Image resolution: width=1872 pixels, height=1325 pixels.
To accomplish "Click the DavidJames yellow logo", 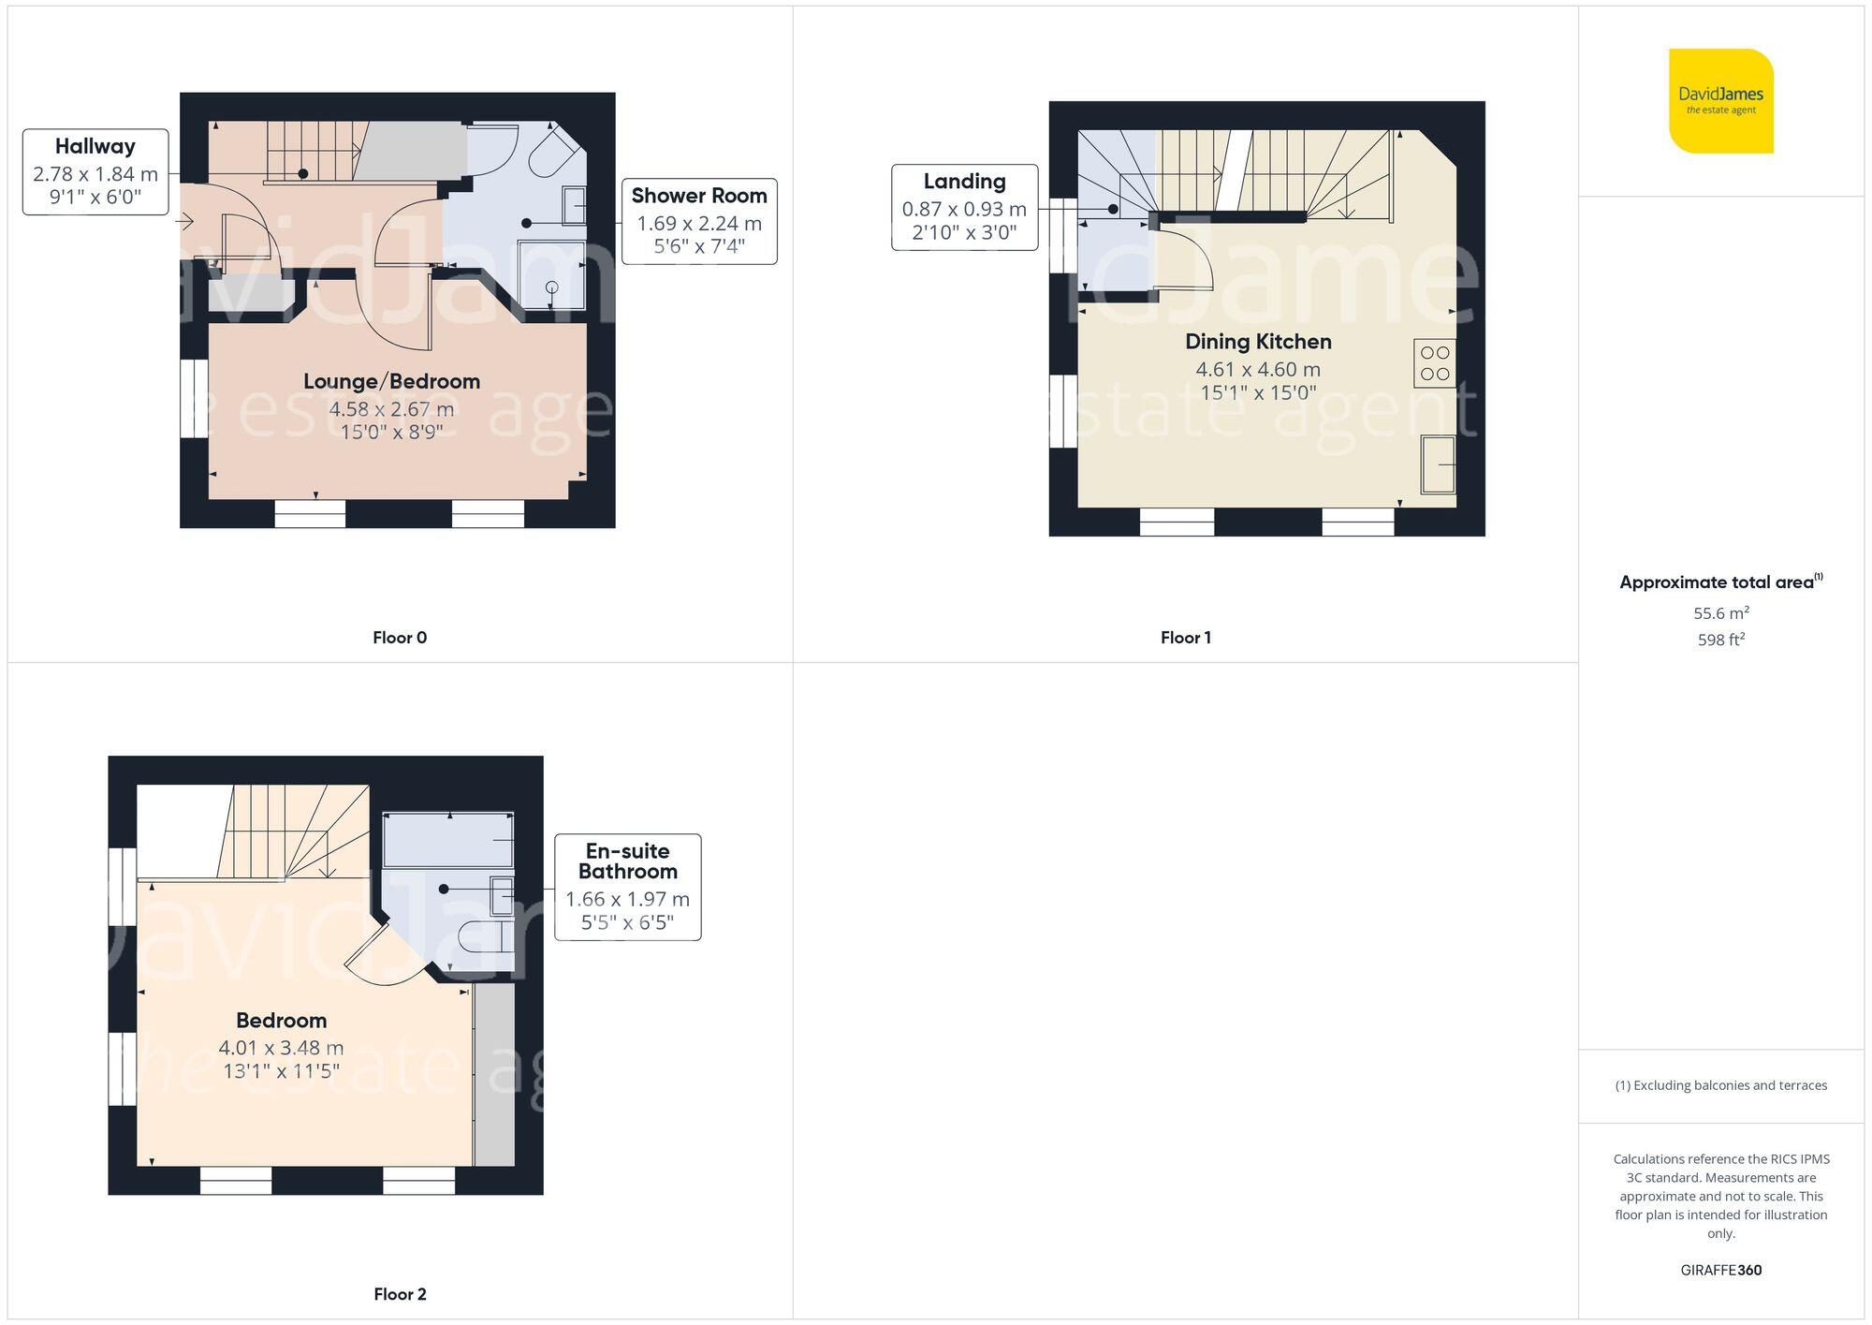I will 1720,101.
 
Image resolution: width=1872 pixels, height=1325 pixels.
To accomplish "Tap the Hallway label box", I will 95,172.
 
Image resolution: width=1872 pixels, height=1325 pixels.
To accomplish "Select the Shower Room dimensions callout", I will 699,222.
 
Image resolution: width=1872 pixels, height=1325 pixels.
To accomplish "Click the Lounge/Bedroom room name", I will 391,382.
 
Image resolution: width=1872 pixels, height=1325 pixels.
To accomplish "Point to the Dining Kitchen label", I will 1258,342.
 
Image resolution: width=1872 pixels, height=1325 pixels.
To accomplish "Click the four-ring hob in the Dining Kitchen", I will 1434,363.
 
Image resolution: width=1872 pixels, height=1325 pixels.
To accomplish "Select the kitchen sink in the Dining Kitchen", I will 1438,464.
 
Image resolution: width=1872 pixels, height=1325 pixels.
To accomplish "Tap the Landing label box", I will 964,208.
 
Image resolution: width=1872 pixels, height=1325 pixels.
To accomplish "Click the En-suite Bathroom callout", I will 627,887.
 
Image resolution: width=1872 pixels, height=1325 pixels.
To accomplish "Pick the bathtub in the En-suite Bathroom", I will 448,840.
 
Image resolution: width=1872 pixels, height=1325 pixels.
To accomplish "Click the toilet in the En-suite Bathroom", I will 486,935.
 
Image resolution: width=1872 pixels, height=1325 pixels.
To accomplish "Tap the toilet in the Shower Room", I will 555,155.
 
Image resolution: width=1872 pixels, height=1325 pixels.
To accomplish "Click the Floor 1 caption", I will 1185,638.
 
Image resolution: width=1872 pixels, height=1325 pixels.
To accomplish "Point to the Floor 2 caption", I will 400,1294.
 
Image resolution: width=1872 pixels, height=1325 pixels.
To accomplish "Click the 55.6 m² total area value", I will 1720,613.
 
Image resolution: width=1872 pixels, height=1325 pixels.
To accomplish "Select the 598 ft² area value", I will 1720,640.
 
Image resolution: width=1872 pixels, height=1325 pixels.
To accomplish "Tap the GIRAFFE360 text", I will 1720,1271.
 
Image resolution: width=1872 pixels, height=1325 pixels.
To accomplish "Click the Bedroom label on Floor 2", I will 281,1021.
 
